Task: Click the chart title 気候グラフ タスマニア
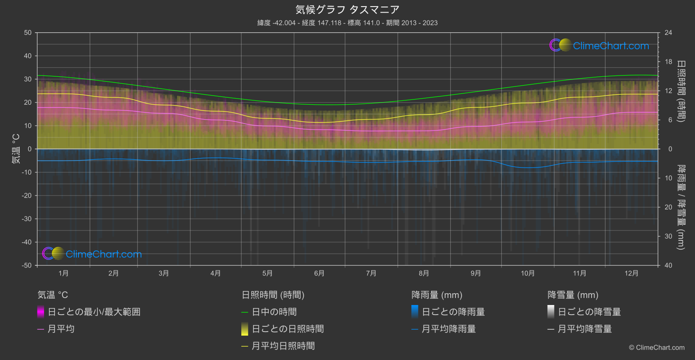coord(347,10)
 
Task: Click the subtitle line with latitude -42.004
coord(347,23)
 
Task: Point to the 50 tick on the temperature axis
coord(28,33)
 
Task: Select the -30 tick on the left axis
coord(27,219)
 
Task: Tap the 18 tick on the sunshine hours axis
coord(668,62)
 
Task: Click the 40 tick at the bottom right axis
coord(668,265)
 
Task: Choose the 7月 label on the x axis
coord(371,273)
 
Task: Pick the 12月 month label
coord(631,273)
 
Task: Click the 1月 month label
coord(64,273)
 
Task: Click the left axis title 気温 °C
coord(16,149)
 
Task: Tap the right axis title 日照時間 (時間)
coord(681,91)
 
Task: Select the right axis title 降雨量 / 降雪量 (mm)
coord(681,207)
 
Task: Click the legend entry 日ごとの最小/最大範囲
coord(94,312)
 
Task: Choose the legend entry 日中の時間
coord(274,312)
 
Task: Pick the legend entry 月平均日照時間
coord(283,346)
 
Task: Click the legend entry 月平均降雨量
coord(448,329)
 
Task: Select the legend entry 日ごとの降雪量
coord(589,312)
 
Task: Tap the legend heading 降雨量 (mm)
coord(437,295)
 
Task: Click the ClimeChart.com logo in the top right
coord(599,45)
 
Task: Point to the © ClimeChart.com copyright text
coord(657,347)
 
